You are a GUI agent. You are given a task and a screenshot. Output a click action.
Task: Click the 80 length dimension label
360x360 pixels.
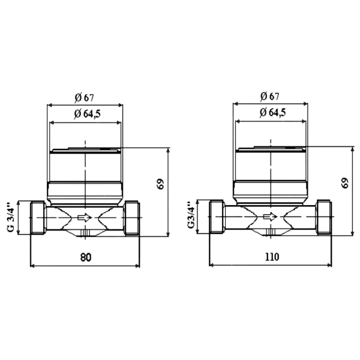86,257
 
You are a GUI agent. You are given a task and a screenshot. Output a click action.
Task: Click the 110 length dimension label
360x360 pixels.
272,257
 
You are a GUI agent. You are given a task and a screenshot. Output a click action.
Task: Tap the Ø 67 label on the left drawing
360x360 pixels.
84,98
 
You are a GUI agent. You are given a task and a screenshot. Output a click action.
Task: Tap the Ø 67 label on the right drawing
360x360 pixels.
269,97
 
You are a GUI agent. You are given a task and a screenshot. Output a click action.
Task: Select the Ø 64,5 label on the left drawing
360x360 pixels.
87,114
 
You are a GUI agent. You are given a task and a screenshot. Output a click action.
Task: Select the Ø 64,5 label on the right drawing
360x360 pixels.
273,113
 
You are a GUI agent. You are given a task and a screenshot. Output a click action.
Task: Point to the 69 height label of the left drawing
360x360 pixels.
161,184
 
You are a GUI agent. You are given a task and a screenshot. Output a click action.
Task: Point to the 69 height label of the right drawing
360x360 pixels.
345,183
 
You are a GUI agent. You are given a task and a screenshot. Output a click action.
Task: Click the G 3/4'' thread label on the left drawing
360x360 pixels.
11,217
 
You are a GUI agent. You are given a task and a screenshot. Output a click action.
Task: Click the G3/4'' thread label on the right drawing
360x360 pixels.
191,215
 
